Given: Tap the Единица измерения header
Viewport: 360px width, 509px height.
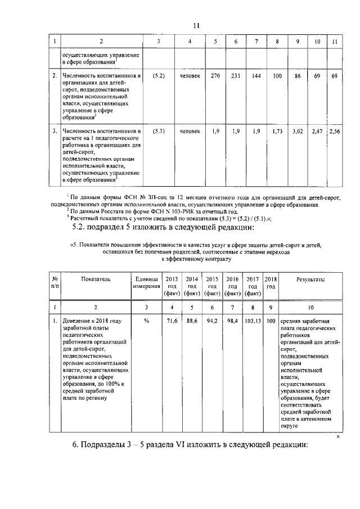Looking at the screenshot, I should [x=146, y=282].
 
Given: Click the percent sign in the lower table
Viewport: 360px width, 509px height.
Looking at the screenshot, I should [x=146, y=320].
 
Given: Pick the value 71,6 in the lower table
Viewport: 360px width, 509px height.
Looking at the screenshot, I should [x=172, y=320].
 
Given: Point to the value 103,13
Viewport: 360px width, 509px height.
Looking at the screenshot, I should [x=253, y=320].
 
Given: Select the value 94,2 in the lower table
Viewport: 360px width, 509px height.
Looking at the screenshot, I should [x=212, y=320].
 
